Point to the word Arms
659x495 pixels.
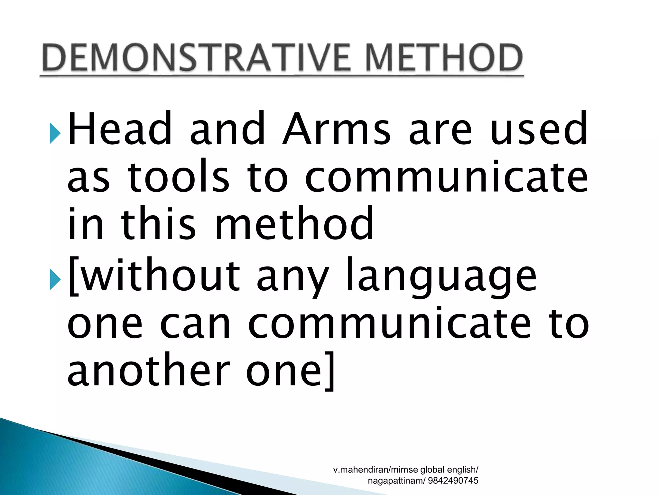[336, 129]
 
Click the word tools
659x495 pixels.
[179, 177]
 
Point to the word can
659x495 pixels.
[195, 324]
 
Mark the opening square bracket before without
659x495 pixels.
[73, 276]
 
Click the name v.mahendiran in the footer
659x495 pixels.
[360, 470]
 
